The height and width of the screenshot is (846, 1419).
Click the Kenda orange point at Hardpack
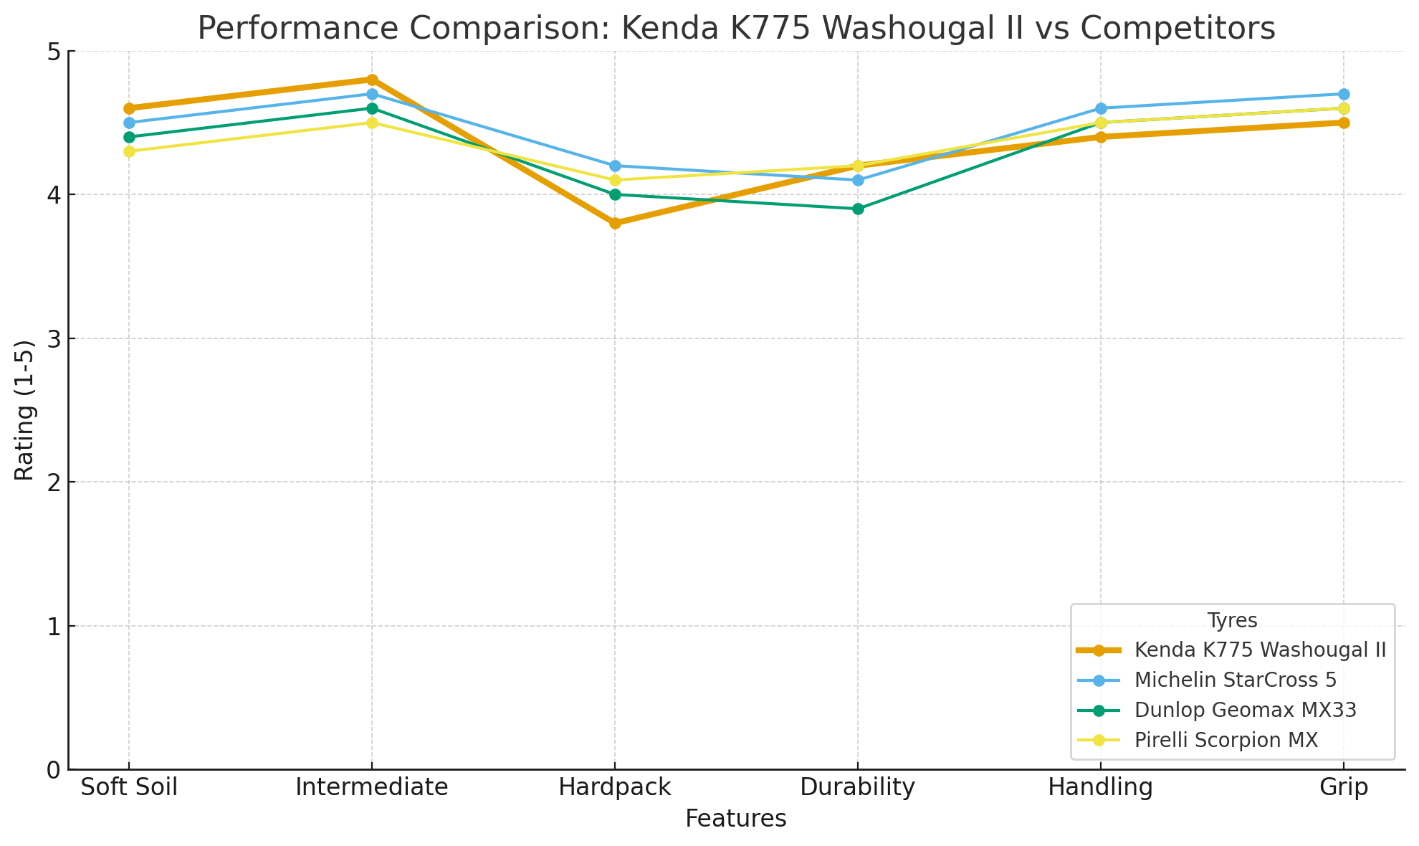pos(615,223)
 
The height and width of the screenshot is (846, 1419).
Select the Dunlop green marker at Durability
pos(858,209)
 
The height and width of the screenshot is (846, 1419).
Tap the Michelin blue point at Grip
pos(1344,94)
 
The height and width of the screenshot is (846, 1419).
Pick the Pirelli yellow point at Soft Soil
pos(129,151)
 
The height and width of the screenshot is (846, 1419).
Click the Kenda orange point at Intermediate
pos(372,80)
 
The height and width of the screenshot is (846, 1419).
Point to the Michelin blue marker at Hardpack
pos(615,166)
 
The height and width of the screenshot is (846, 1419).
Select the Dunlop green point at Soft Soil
pos(129,137)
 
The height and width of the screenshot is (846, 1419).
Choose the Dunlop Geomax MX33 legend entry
pos(1246,710)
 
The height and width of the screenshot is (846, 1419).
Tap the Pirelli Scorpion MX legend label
pos(1226,740)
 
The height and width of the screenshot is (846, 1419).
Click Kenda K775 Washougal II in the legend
pos(1260,650)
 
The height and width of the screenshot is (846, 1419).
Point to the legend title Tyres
pos(1232,620)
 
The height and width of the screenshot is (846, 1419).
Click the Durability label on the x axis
pos(858,788)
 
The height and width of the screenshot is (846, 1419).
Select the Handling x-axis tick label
pos(1101,788)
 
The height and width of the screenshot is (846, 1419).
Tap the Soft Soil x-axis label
pos(129,788)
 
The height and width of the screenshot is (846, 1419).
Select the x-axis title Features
pos(736,819)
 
